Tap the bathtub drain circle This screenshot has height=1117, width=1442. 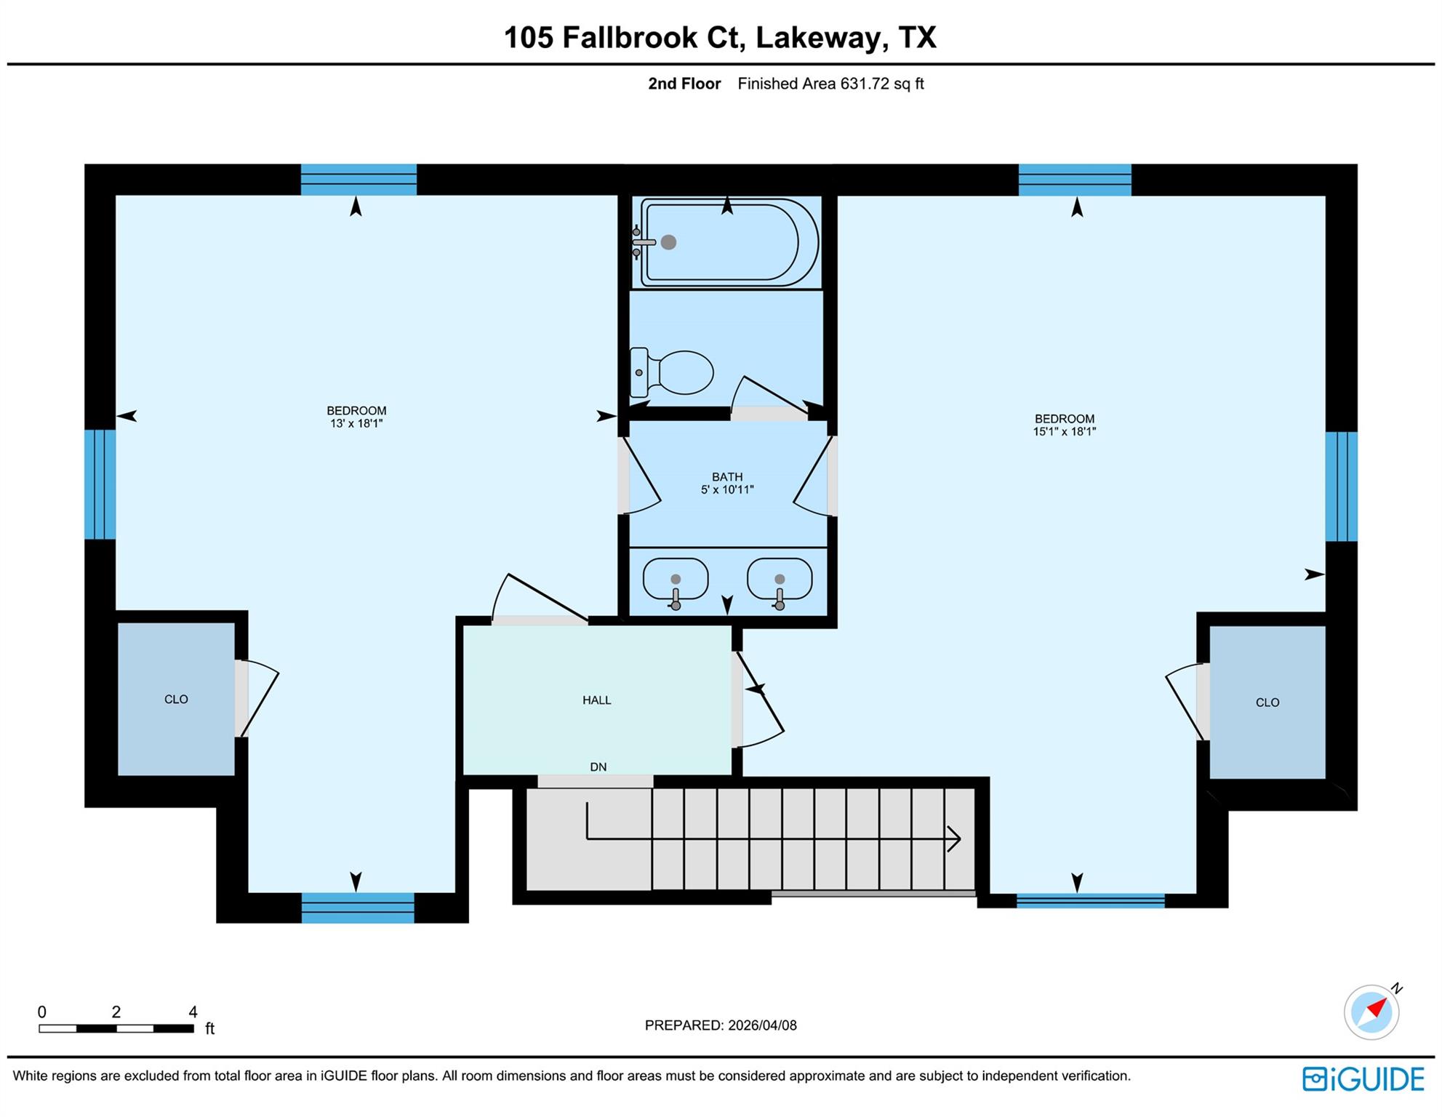[668, 242]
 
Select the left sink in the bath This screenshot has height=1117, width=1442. [676, 579]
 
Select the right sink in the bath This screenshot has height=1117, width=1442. [780, 579]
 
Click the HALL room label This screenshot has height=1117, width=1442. [596, 700]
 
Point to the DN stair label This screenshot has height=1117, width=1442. [598, 766]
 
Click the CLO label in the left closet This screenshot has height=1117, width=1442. [176, 699]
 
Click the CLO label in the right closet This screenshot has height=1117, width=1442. [1267, 702]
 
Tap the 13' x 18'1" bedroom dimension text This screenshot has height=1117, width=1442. [356, 423]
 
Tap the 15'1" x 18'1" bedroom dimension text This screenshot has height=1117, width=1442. [1064, 431]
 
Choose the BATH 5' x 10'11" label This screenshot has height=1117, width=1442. [727, 483]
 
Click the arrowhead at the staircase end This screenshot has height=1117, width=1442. [954, 838]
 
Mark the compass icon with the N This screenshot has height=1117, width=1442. [1372, 1012]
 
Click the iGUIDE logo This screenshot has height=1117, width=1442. [1363, 1078]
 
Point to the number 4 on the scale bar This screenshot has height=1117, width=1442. [193, 1012]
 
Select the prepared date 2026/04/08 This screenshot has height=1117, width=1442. [761, 1025]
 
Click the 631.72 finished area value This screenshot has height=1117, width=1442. [865, 84]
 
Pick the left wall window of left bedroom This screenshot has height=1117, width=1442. [100, 484]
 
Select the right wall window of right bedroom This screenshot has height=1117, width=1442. [1341, 487]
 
